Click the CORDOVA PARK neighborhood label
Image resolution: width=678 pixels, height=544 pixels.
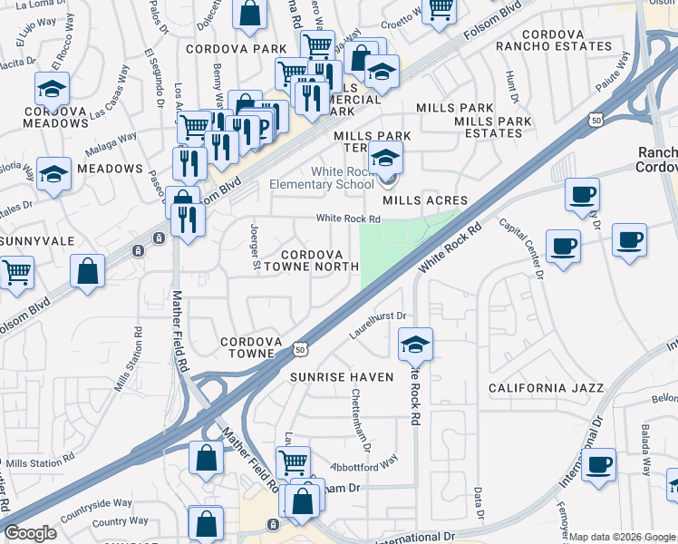click(x=223, y=48)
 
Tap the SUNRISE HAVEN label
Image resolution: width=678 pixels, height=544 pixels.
click(x=342, y=376)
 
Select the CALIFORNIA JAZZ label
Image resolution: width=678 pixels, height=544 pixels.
click(x=546, y=388)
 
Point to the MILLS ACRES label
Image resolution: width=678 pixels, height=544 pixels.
click(x=425, y=200)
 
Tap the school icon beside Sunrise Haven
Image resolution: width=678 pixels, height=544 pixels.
click(x=415, y=345)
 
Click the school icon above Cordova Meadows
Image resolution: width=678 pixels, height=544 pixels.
click(x=53, y=89)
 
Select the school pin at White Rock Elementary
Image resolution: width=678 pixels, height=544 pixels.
click(x=386, y=160)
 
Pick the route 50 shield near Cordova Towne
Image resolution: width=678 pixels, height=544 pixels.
click(x=301, y=347)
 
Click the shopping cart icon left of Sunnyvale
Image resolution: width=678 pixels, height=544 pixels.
click(x=15, y=272)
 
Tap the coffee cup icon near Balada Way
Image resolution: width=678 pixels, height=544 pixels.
click(x=598, y=464)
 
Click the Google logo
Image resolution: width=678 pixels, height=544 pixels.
click(x=30, y=533)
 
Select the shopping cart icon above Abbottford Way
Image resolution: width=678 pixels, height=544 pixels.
click(x=293, y=462)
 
